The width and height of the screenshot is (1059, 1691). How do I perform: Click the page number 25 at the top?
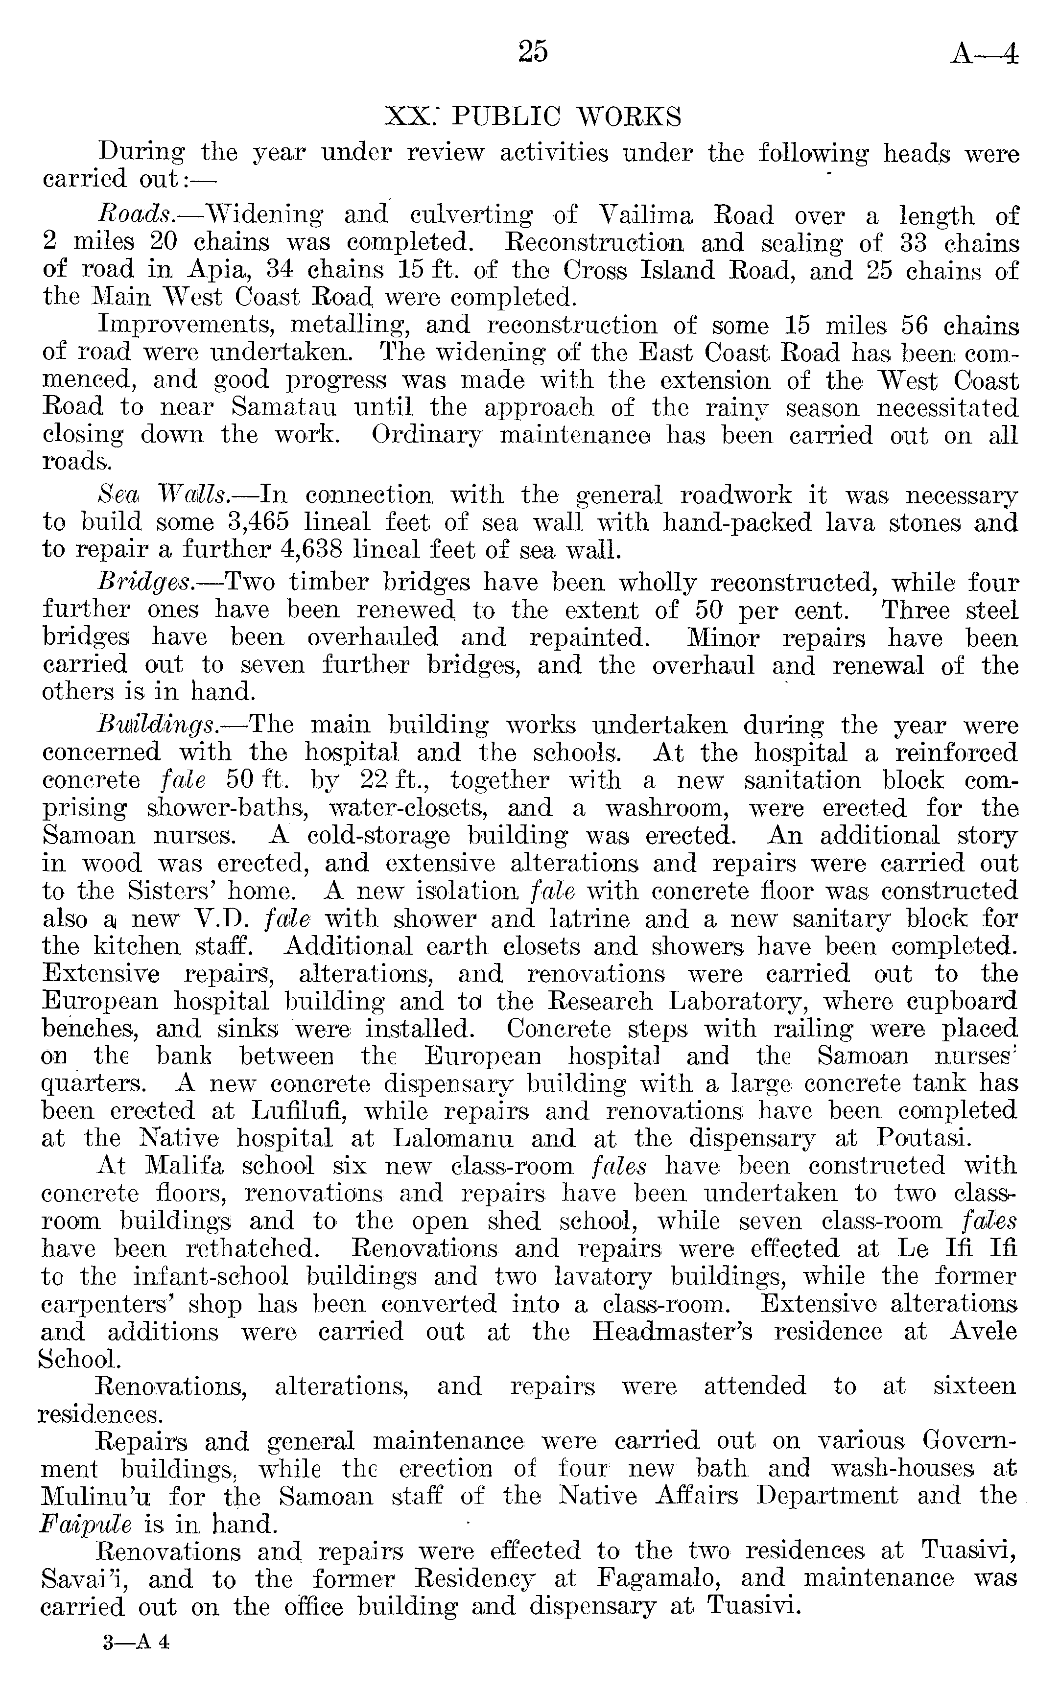coord(533,52)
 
